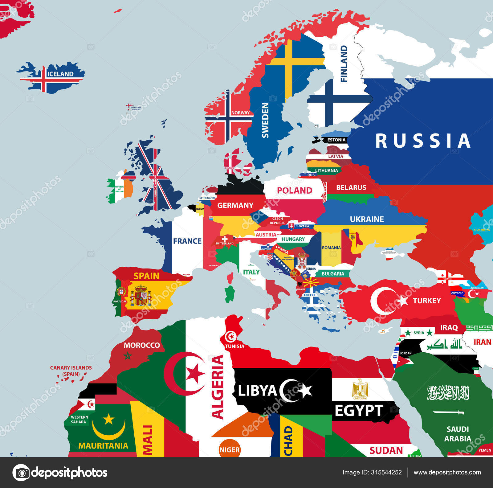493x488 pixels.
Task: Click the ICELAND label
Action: [60, 74]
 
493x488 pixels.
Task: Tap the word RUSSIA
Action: [423, 141]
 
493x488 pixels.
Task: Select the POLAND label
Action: [295, 191]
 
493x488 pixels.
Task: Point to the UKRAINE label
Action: [367, 219]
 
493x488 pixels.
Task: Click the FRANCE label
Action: [187, 241]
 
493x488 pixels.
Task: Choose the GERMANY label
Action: [235, 205]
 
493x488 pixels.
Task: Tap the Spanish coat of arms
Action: [141, 296]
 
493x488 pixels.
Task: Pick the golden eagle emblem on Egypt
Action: [360, 389]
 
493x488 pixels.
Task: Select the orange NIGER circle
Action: [230, 449]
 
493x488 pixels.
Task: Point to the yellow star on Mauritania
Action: [108, 419]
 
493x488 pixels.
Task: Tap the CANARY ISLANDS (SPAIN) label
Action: [71, 371]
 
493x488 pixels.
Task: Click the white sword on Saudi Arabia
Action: [448, 412]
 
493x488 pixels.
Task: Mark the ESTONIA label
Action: [336, 140]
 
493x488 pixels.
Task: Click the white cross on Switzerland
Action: [225, 239]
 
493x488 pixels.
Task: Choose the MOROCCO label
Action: [142, 345]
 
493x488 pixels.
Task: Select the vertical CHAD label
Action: [288, 441]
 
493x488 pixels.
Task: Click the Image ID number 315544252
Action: [389, 472]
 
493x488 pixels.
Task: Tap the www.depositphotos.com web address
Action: [447, 472]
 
